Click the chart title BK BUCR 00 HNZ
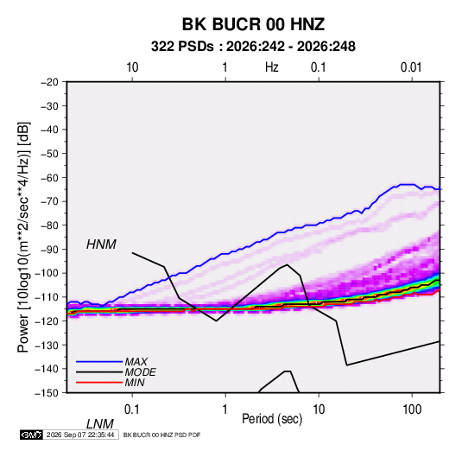(x=253, y=24)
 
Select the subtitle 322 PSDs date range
(x=253, y=47)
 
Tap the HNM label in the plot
(x=101, y=244)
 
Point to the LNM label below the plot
(x=99, y=424)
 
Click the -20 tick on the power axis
(x=49, y=82)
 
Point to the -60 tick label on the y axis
(x=49, y=177)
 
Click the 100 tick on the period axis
(x=412, y=409)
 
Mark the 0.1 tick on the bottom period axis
(x=132, y=409)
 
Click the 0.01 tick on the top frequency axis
(x=411, y=67)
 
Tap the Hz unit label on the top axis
(x=272, y=67)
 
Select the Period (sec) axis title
(x=272, y=419)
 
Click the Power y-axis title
(x=23, y=238)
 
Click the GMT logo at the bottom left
(x=31, y=435)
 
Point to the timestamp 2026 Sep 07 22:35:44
(x=80, y=435)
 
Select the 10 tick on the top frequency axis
(x=132, y=67)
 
